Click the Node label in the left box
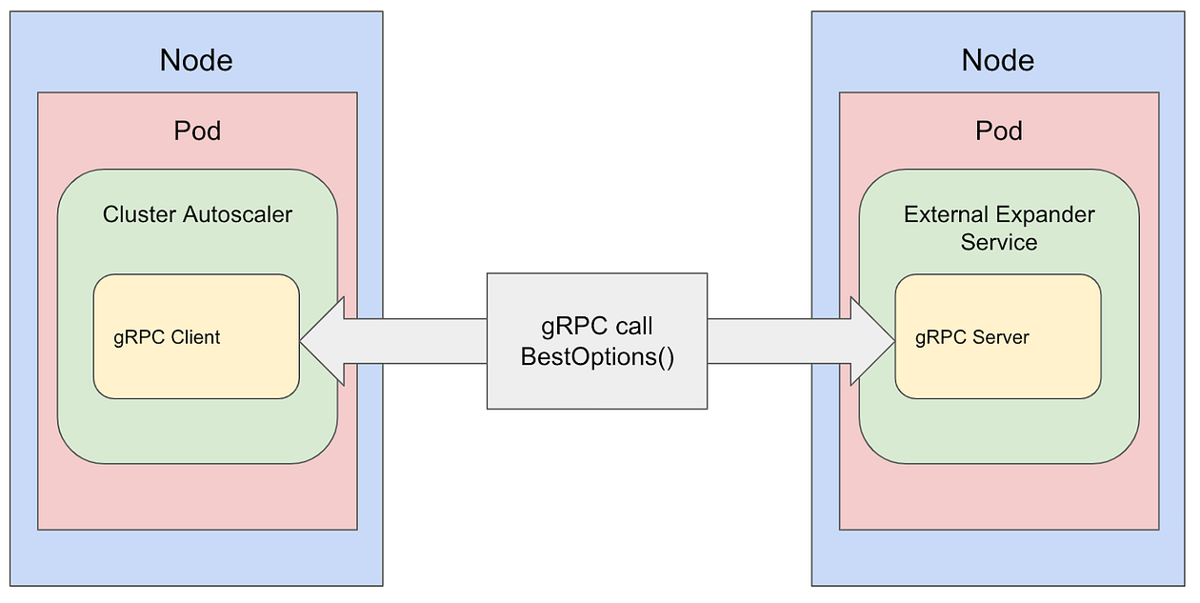196,61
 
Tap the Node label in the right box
998,61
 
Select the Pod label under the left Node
197,131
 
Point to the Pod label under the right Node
999,131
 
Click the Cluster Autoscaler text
197,214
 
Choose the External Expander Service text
999,228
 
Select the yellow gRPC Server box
998,367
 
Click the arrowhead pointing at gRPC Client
322,340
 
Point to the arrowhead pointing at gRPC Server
872,340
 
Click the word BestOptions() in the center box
597,357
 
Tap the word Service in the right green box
999,242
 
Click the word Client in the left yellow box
196,337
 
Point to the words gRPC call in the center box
597,327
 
